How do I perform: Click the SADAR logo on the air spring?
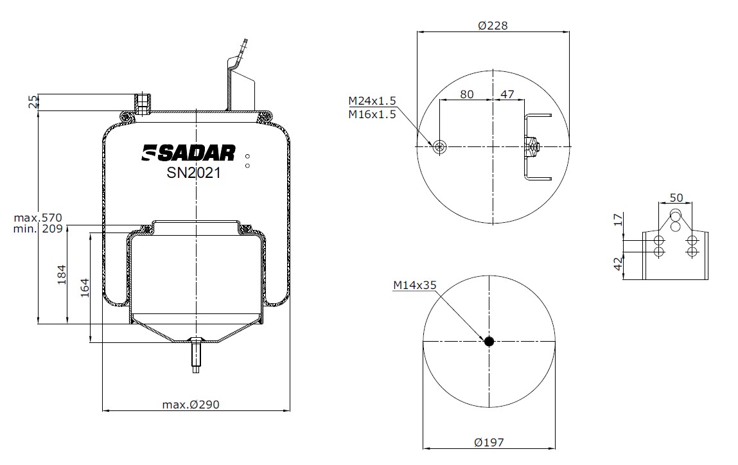point(189,153)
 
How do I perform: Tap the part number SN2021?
point(193,173)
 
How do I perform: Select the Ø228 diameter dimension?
point(493,26)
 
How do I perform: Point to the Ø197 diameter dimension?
point(489,443)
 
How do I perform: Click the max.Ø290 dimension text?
point(191,404)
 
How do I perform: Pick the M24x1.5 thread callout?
point(372,101)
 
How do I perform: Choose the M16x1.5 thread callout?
point(372,114)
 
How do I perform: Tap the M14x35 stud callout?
point(415,285)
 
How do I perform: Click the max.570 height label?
point(38,218)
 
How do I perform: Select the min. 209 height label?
point(38,229)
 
